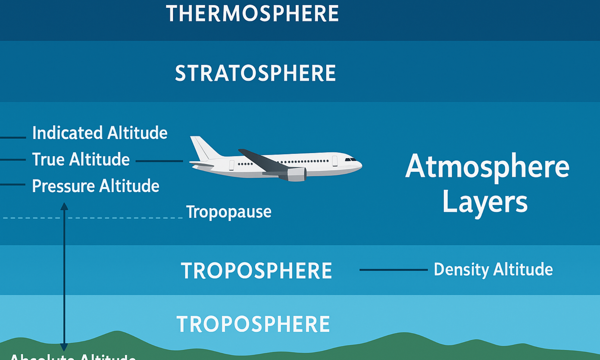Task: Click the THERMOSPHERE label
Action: coord(252,14)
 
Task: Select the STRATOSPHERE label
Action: coord(255,73)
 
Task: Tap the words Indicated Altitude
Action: coord(100,133)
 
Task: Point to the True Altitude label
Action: coord(81,159)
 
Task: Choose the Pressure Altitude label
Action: coord(95,186)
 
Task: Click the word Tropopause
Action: coord(229,212)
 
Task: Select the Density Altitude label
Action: coord(493,269)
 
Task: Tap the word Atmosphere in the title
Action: coord(487,167)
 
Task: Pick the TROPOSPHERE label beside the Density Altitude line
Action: coord(256,271)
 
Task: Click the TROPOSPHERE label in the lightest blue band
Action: coord(253,324)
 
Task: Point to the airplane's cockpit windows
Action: coord(350,160)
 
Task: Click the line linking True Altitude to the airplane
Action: coord(159,161)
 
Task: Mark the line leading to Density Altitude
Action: coord(393,270)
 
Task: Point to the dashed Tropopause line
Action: coord(120,218)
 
